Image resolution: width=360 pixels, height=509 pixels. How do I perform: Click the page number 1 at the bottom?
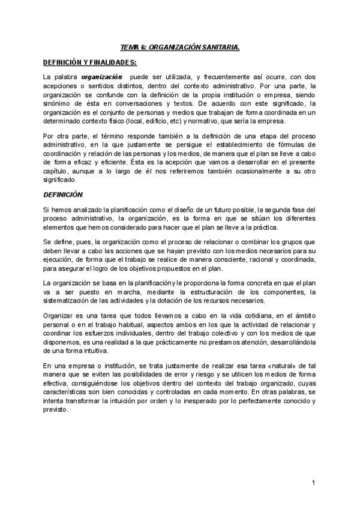[x=313, y=482]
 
